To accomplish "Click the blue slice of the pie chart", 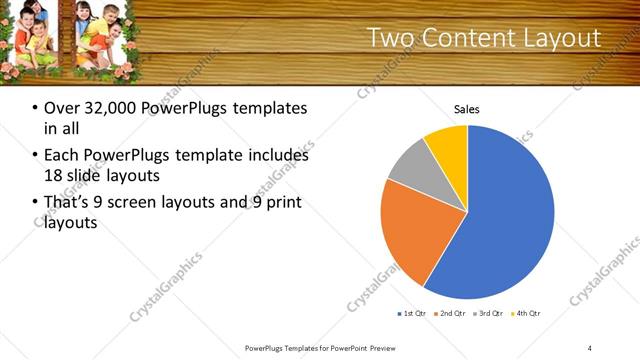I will tap(500, 215).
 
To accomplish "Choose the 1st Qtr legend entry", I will tap(412, 313).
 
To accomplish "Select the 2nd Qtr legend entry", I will tap(451, 313).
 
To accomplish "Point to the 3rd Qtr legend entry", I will tap(490, 313).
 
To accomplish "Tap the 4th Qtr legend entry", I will tap(527, 313).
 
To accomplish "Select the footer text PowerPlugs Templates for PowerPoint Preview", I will tap(320, 347).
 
